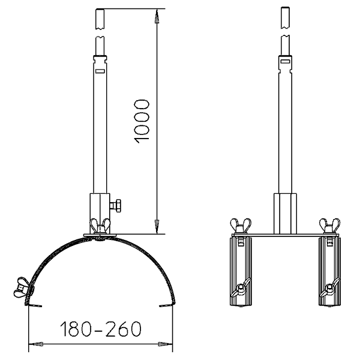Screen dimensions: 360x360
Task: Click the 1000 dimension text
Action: (x=142, y=121)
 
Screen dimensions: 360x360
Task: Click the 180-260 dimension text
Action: (x=101, y=329)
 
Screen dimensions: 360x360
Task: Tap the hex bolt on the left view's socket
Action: (x=116, y=205)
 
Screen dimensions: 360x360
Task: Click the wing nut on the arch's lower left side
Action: (x=22, y=287)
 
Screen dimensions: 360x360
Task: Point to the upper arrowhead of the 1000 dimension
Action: (x=157, y=16)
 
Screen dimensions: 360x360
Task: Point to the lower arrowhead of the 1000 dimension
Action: (x=157, y=227)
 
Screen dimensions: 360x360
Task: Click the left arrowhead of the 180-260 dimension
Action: (x=36, y=344)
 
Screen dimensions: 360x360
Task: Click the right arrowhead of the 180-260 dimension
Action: (x=166, y=344)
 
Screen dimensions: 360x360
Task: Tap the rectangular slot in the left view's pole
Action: (x=100, y=71)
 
